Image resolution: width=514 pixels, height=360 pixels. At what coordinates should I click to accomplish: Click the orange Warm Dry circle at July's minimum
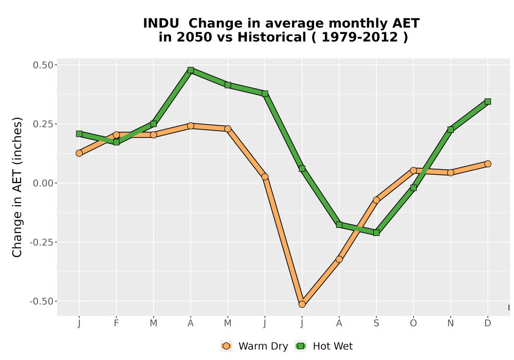[302, 304]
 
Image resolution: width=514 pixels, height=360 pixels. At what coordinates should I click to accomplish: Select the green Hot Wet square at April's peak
[191, 70]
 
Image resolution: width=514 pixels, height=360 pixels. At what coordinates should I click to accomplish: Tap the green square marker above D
[487, 101]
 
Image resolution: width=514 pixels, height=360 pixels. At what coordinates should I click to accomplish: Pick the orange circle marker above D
[487, 164]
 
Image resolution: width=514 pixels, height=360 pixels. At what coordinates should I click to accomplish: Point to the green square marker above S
[376, 232]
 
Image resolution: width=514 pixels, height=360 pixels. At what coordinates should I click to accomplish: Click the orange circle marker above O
[413, 170]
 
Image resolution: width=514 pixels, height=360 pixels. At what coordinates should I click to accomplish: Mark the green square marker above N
[450, 130]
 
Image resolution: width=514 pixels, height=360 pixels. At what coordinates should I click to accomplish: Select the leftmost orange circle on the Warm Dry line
[79, 153]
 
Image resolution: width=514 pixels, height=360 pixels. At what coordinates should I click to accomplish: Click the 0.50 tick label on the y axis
[43, 65]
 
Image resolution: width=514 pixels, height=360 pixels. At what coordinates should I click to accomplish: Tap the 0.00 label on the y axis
[43, 183]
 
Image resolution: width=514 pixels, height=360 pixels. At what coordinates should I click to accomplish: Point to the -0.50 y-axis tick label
[41, 301]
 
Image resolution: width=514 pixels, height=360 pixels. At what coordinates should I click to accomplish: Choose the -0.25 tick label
[41, 242]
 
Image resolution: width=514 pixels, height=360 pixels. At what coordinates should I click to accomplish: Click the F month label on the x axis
[116, 323]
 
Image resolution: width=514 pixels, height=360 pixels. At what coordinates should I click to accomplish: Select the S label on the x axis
[376, 323]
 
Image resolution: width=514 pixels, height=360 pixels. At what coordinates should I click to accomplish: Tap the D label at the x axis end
[487, 323]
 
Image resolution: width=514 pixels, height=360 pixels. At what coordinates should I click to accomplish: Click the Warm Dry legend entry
[254, 346]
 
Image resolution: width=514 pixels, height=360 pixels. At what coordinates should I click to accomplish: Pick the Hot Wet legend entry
[324, 346]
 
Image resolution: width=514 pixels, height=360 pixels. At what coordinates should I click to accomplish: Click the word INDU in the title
[161, 23]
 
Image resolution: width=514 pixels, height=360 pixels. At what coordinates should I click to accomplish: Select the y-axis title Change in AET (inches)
[17, 187]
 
